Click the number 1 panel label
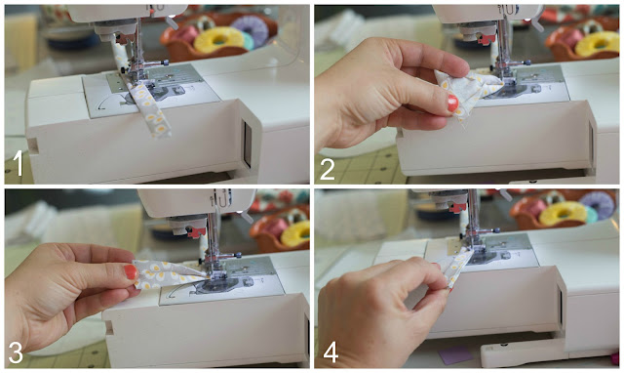tap(18, 164)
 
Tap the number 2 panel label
tap(328, 169)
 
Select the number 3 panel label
tap(16, 352)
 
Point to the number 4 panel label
tap(331, 352)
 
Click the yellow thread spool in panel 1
tap(217, 40)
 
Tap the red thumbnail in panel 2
tap(452, 103)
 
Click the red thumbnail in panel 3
tap(130, 271)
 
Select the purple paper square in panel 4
tap(456, 354)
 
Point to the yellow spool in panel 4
tap(564, 213)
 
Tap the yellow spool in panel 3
tap(296, 233)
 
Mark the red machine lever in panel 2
tap(487, 39)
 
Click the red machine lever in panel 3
tap(196, 232)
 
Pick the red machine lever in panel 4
tap(457, 207)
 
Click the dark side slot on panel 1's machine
tap(247, 144)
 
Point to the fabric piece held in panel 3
tap(167, 273)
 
